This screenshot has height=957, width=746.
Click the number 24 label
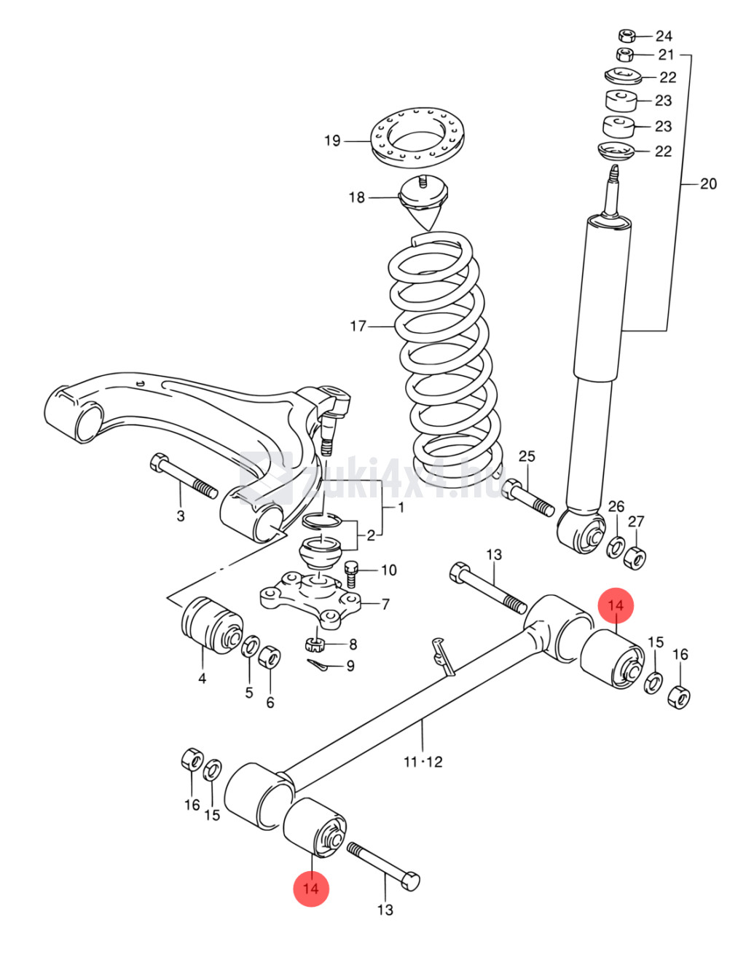[x=664, y=36]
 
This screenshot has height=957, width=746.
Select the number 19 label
[x=332, y=141]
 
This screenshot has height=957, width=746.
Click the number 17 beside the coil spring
[x=358, y=326]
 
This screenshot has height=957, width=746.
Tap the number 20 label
[x=708, y=184]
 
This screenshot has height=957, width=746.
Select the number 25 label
[x=527, y=456]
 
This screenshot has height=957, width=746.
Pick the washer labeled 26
[x=616, y=547]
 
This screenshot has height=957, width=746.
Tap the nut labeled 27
[x=635, y=558]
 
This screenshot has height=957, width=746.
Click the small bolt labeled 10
[x=351, y=574]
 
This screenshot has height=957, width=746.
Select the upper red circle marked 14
[x=615, y=605]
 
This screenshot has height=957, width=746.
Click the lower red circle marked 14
[x=311, y=889]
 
